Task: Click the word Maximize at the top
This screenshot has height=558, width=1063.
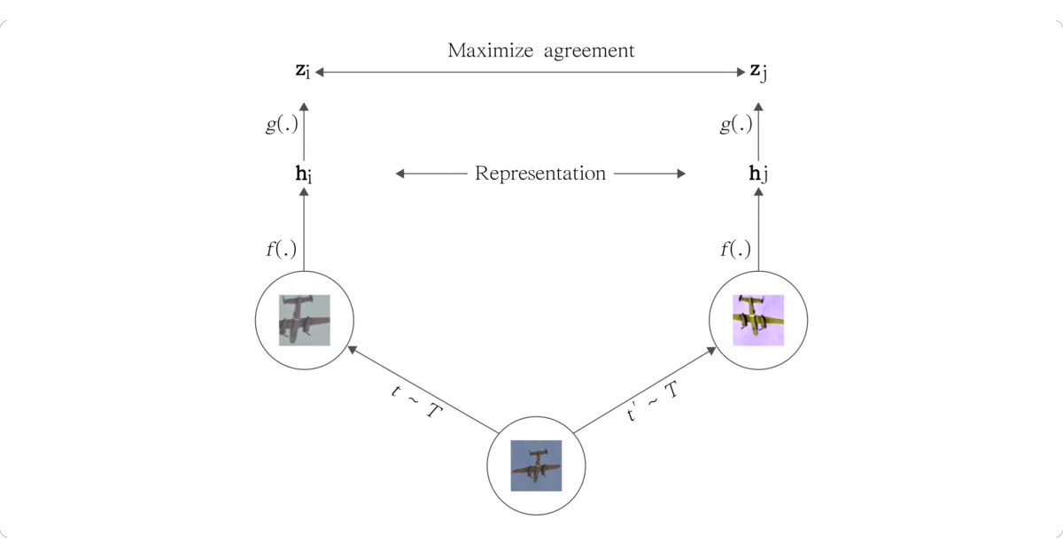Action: [x=490, y=50]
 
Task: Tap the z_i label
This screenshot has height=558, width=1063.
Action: [x=303, y=71]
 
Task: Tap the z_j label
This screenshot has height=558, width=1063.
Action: [x=758, y=72]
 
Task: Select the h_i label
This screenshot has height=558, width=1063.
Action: [x=304, y=174]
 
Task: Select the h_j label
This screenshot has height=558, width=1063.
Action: [x=758, y=174]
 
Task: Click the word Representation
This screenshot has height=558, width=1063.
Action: [x=540, y=174]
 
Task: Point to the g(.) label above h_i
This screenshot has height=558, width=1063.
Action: [x=282, y=124]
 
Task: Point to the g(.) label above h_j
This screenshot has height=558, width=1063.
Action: [x=736, y=124]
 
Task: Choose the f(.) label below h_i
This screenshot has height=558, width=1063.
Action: [x=282, y=249]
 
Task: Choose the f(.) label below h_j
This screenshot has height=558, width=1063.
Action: [x=735, y=249]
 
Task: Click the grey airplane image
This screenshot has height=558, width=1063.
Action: [x=304, y=321]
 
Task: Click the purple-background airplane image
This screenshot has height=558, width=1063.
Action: [x=758, y=321]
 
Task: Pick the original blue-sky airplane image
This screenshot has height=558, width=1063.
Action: [x=536, y=466]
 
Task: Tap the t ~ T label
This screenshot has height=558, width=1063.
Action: [x=416, y=402]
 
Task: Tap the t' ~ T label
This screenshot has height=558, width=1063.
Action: [x=653, y=402]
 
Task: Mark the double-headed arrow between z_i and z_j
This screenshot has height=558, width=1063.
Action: [x=530, y=72]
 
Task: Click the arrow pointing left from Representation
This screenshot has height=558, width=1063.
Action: [x=431, y=174]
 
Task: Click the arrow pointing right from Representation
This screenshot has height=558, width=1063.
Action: [x=649, y=174]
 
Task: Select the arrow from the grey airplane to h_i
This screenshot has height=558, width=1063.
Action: [x=304, y=229]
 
